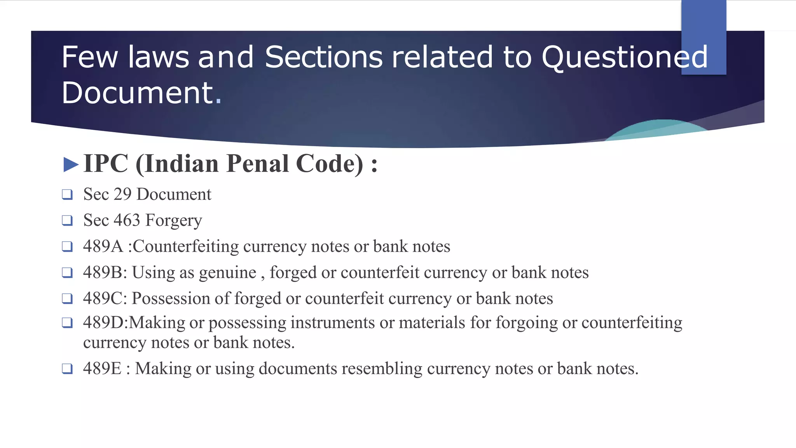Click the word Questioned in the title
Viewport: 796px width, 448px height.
624,58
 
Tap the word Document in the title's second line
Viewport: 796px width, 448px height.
138,93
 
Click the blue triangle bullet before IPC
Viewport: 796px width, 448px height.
71,164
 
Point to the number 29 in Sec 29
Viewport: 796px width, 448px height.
122,194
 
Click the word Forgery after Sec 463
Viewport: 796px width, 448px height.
174,220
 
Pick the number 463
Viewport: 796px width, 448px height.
127,220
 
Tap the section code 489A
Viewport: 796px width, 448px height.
103,246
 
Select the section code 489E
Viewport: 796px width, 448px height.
102,368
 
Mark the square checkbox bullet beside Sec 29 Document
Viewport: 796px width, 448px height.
67,194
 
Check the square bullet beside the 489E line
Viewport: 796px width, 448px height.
67,369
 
